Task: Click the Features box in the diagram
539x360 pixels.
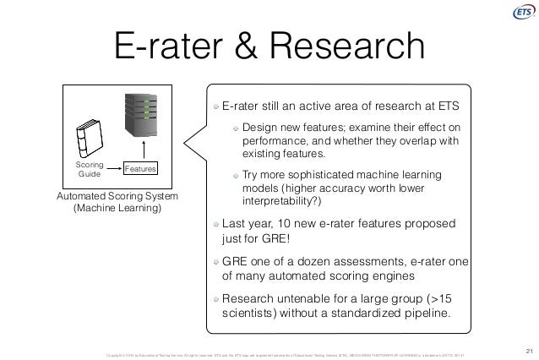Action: (140, 170)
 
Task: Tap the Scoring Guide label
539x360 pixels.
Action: (88, 167)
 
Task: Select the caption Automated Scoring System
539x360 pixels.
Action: (117, 196)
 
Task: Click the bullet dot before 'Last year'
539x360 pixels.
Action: (216, 225)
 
